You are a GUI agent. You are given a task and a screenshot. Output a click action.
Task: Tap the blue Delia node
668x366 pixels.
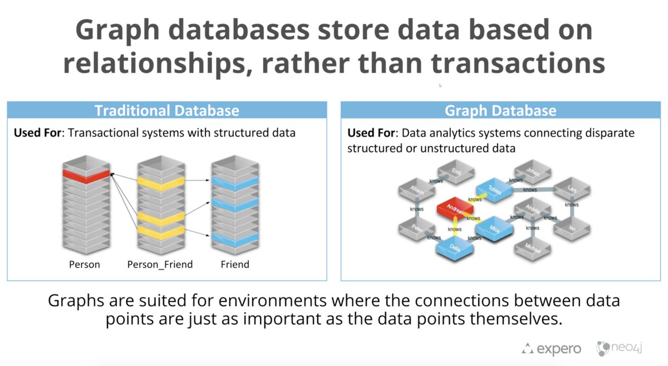point(455,247)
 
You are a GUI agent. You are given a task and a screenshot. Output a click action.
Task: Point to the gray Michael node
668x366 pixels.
point(532,249)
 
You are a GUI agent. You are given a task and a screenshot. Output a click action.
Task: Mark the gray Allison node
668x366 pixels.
point(417,190)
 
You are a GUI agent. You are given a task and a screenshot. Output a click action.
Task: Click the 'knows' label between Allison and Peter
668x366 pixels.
point(416,209)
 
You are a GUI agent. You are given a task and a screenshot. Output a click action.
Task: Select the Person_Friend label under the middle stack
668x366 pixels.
point(160,265)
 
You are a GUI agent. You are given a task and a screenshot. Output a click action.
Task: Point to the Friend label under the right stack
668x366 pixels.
point(235,265)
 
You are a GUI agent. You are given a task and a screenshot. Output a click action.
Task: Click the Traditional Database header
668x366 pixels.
point(166,110)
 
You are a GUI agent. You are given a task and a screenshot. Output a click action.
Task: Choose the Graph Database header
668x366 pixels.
point(500,110)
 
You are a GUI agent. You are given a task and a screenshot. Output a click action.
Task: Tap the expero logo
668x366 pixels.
point(551,349)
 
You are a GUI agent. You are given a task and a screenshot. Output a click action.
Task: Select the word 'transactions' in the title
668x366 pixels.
point(518,63)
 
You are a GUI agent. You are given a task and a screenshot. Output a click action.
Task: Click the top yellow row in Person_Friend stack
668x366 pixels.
point(161,183)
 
